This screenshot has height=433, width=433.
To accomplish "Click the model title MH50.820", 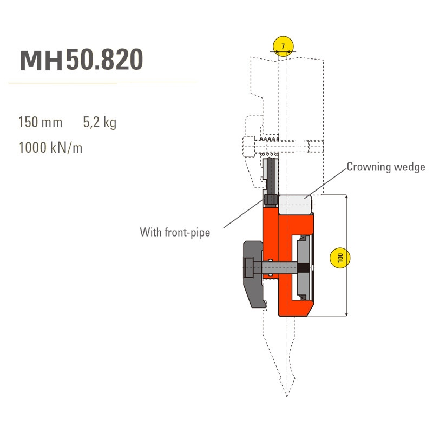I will click(81, 60).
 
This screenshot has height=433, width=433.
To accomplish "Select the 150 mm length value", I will click(41, 122).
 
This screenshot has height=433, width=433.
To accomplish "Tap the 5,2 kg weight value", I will click(100, 122).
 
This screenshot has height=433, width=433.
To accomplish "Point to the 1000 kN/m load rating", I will click(50, 147).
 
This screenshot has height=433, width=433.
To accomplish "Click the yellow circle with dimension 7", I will click(283, 47).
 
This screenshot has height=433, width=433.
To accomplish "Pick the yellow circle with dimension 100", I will click(340, 258).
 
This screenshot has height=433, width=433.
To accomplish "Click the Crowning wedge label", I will click(385, 167).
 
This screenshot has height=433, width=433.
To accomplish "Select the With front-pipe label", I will click(175, 232).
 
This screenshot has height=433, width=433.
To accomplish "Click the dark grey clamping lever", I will click(253, 276).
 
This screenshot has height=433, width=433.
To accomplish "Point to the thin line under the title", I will click(103, 83).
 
